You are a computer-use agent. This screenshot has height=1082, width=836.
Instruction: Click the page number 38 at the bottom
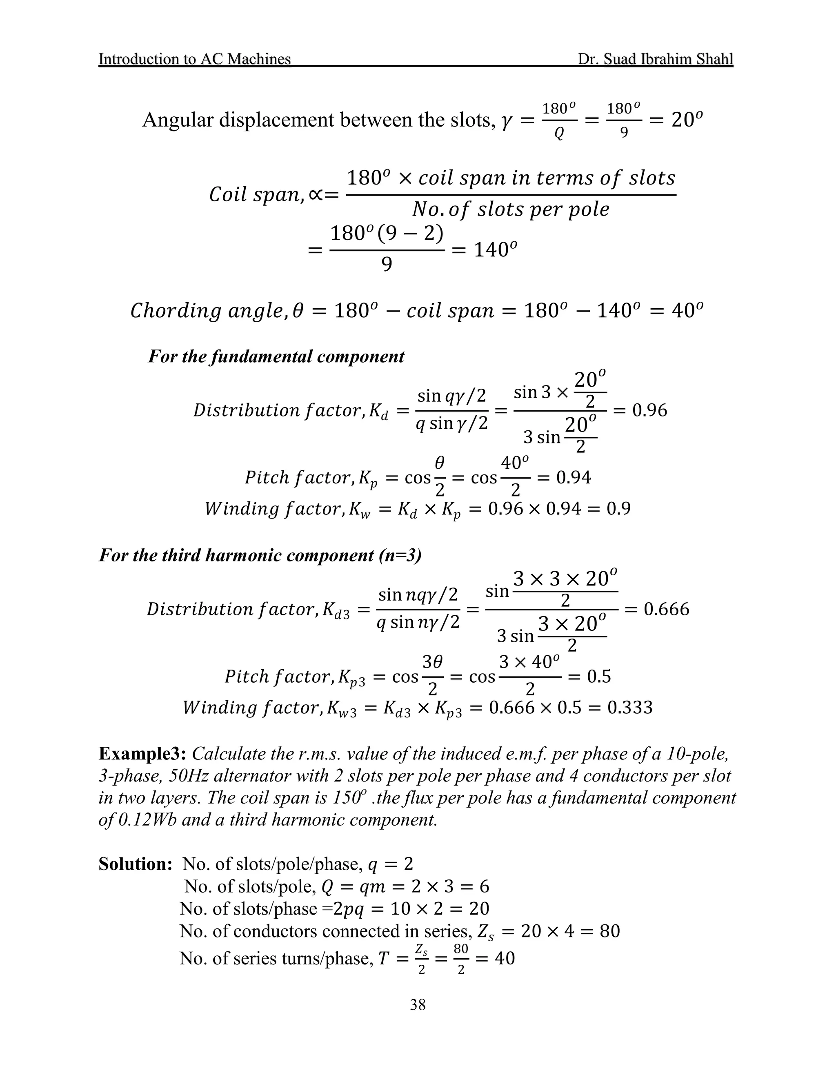coord(418,1004)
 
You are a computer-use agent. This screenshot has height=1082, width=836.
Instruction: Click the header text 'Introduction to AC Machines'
coord(195,59)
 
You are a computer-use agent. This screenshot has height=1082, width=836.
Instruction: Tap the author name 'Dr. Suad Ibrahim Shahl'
coord(655,59)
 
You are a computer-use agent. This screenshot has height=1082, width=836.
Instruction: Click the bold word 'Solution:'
coord(135,864)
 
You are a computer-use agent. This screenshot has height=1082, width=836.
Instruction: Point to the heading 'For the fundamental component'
coord(276,356)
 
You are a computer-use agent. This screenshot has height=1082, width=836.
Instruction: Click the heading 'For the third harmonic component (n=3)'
coord(260,555)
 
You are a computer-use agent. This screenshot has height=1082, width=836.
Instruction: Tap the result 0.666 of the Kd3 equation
coord(666,609)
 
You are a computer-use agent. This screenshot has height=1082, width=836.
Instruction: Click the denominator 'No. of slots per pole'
coord(511,209)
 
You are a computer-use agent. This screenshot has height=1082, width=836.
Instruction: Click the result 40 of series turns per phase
coord(505,958)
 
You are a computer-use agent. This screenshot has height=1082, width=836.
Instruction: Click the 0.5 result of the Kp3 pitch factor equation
coord(599,676)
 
